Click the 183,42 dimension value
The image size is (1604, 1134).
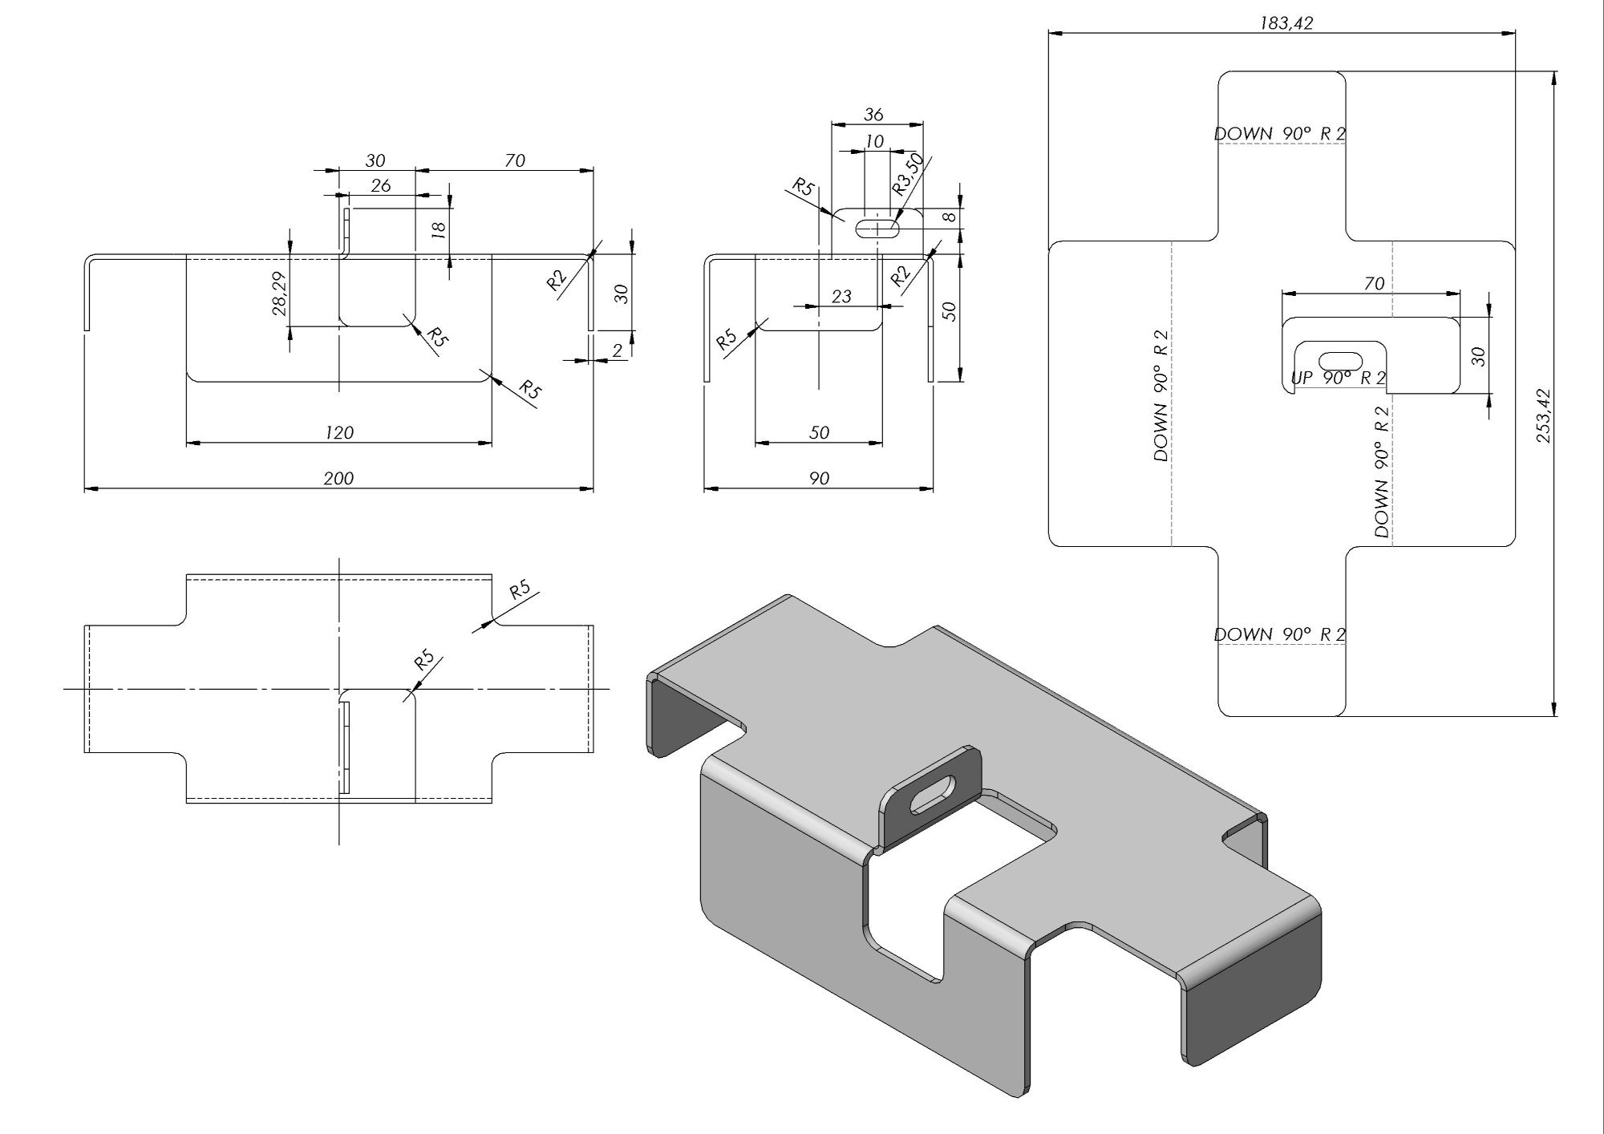(1286, 23)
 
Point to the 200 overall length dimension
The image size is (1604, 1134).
(338, 478)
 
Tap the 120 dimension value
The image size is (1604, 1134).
(339, 432)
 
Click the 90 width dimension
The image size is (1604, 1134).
(819, 478)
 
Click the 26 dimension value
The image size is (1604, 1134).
(381, 185)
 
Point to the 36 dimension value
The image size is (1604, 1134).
(873, 115)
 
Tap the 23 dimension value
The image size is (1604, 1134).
(840, 296)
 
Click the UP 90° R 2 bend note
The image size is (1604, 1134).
(1338, 378)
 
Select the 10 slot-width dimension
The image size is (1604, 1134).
(874, 141)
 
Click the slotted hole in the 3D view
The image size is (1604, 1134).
(934, 794)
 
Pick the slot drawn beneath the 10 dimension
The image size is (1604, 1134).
(877, 228)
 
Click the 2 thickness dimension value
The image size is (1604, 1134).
(617, 350)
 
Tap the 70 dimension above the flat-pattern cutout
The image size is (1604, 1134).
(1374, 283)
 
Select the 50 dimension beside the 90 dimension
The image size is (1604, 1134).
(950, 311)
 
